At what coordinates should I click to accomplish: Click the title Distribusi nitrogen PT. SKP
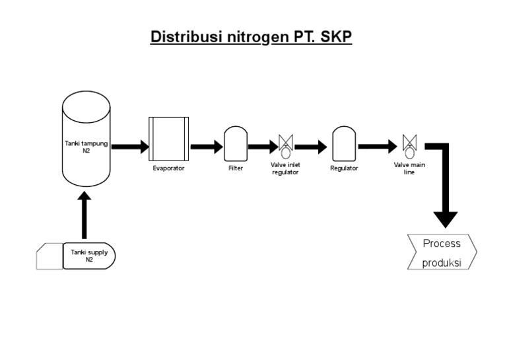tap(252, 37)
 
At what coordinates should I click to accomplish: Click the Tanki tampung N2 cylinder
tap(86, 139)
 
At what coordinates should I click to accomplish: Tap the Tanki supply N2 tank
tap(89, 256)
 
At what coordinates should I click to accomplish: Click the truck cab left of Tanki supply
tap(49, 256)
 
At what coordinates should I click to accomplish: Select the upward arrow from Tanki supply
tap(84, 215)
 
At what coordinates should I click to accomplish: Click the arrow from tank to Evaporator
tap(130, 147)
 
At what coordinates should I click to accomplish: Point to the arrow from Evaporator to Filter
tap(207, 147)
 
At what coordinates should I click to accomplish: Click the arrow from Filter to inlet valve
tap(263, 147)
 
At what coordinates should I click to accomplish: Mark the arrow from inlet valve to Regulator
tap(311, 147)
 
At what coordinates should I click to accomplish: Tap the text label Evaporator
tap(168, 168)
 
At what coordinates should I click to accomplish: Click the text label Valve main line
tap(409, 168)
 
